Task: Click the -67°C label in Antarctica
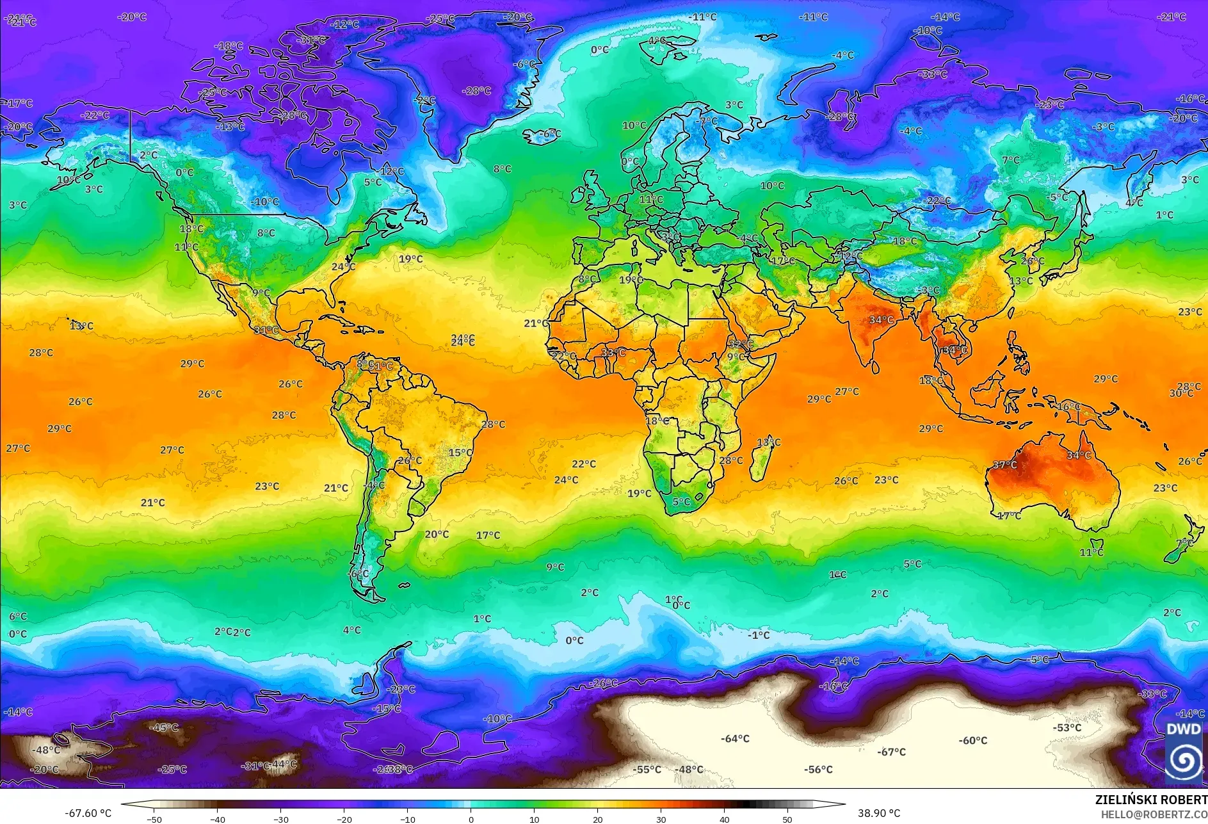click(892, 752)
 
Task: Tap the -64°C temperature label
click(735, 738)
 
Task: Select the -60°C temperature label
click(972, 740)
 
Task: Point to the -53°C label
click(1067, 727)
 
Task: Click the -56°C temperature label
click(818, 769)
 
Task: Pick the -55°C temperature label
click(647, 769)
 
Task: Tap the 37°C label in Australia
click(1004, 464)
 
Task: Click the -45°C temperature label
click(164, 727)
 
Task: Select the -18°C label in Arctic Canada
click(229, 46)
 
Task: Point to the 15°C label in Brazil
click(460, 453)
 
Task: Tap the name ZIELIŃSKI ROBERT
click(1150, 800)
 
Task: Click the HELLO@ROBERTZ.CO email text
click(1154, 814)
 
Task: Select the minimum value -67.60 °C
click(88, 813)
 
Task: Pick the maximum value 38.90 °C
click(878, 813)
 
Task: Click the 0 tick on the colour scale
click(471, 819)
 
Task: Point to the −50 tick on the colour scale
click(154, 819)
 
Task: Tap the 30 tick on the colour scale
click(661, 819)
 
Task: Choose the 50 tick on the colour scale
click(787, 819)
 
